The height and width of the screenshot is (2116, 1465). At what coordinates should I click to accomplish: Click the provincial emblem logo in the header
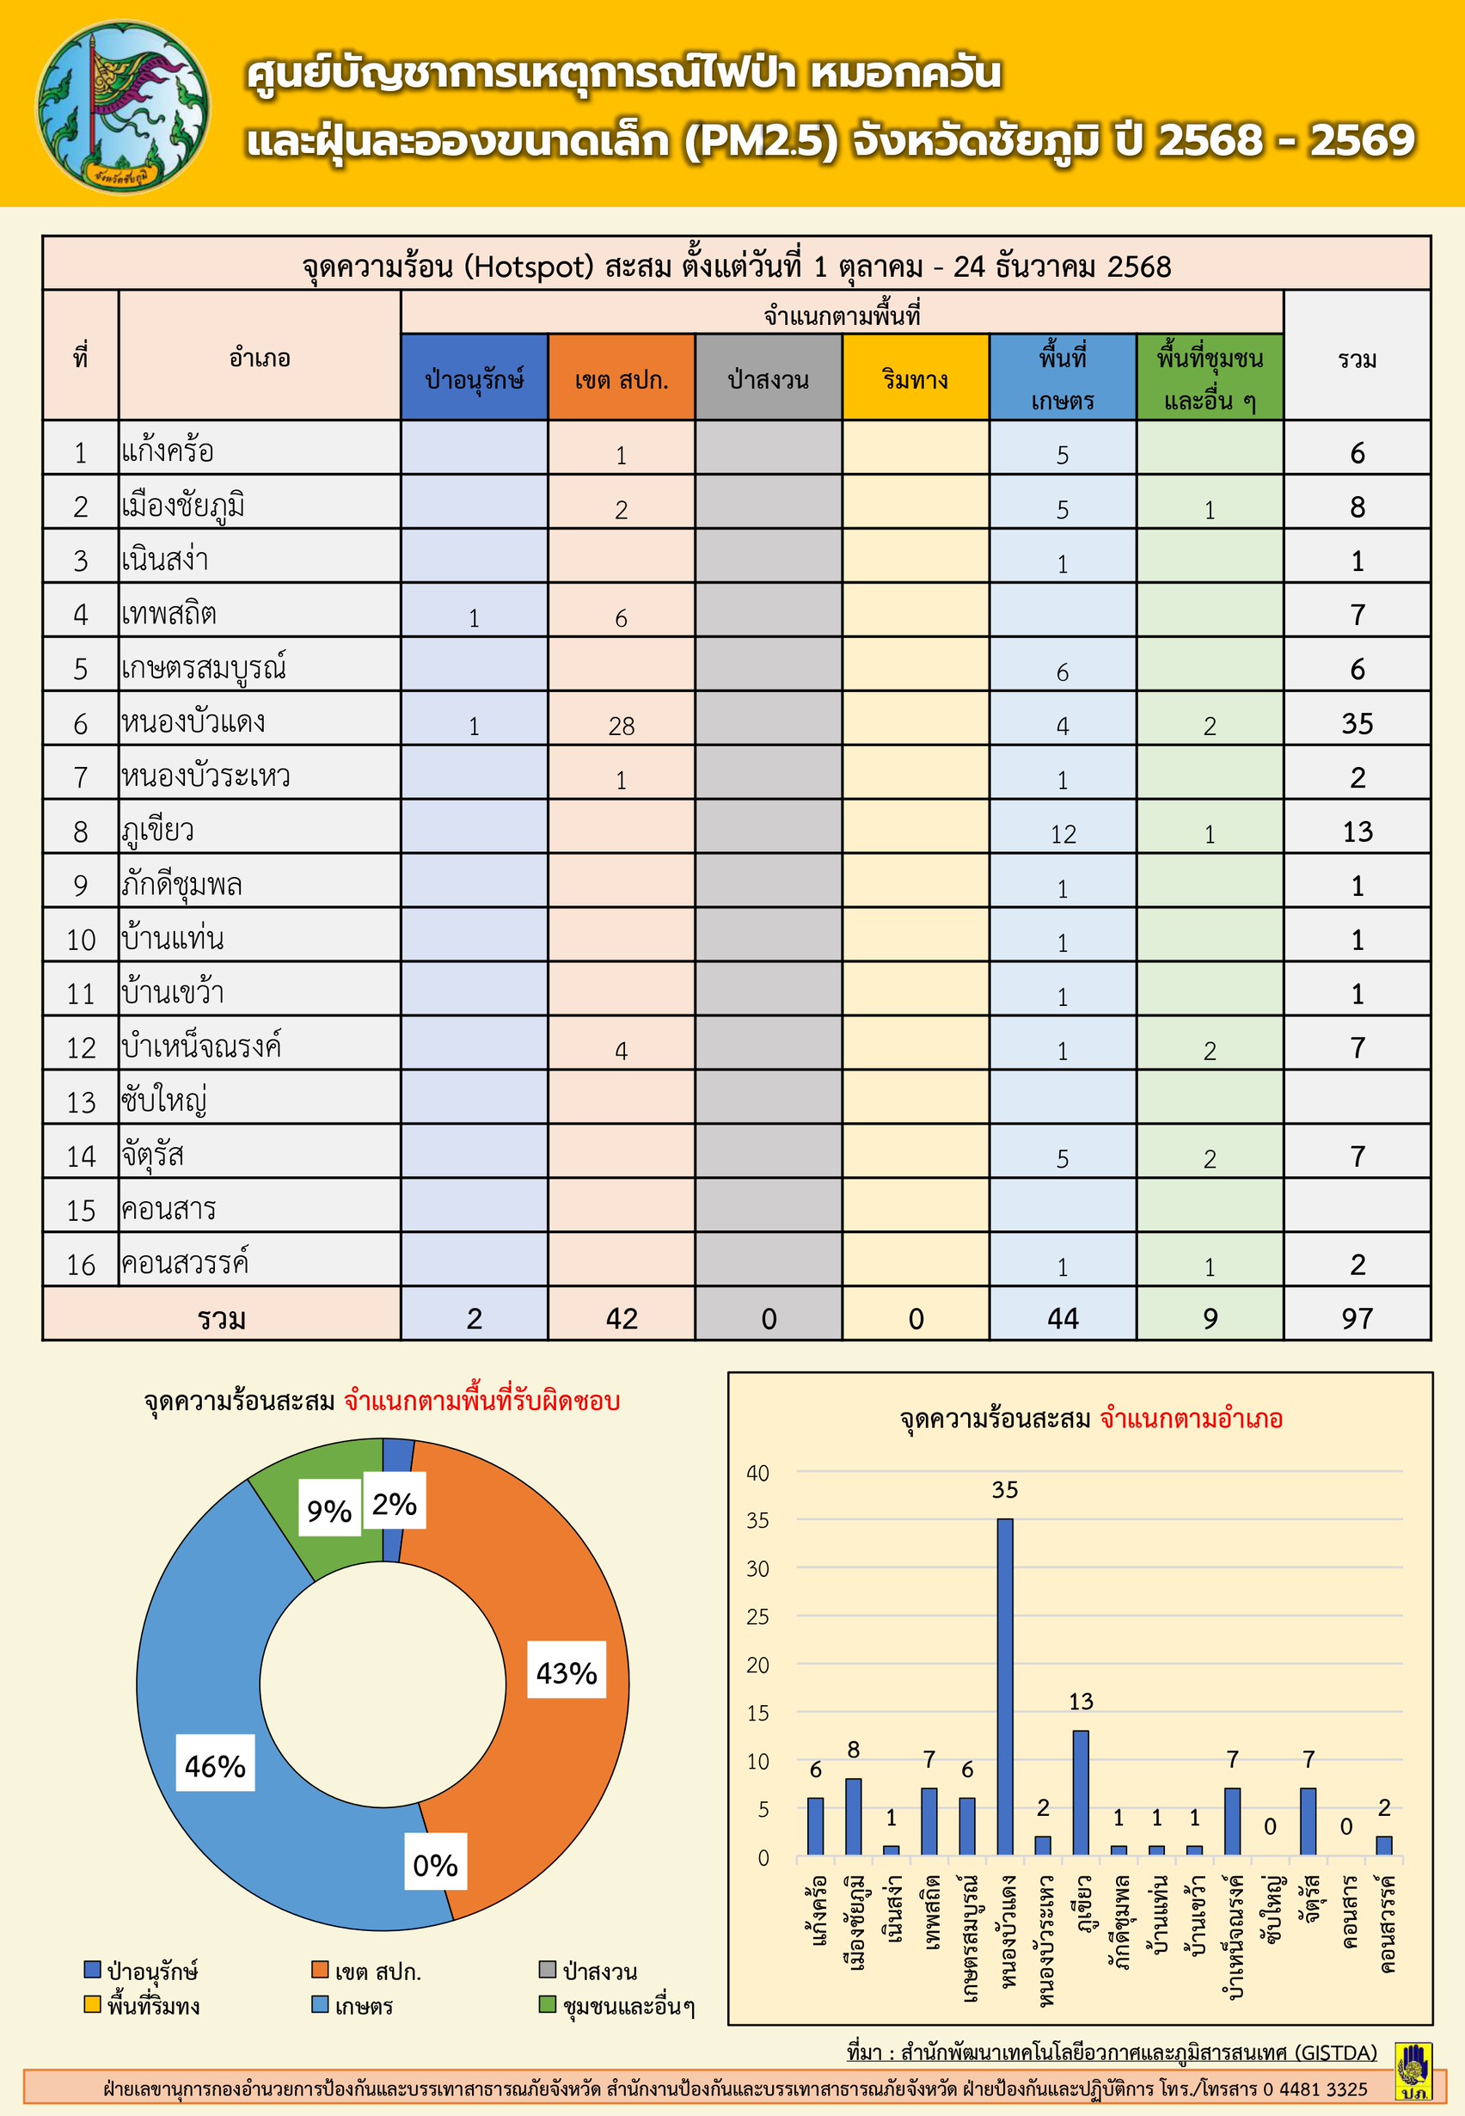(x=122, y=107)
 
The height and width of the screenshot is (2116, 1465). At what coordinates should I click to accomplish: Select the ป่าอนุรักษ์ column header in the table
(x=474, y=377)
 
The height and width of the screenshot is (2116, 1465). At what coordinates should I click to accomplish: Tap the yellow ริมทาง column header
(x=915, y=377)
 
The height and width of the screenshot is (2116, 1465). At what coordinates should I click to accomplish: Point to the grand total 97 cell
(x=1357, y=1318)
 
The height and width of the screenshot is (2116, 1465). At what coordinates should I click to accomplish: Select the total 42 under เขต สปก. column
(x=622, y=1318)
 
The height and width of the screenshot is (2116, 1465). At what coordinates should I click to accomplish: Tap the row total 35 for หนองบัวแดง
(x=1357, y=723)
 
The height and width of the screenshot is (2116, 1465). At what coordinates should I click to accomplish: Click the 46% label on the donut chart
(x=216, y=1765)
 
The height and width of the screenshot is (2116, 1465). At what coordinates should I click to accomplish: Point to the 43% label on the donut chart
(x=567, y=1672)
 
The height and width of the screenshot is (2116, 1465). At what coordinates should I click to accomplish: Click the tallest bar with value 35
(x=1005, y=1690)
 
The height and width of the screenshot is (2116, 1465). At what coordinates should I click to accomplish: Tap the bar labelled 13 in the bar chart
(x=1081, y=1792)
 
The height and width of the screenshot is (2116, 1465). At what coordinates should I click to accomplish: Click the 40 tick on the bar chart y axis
(x=757, y=1474)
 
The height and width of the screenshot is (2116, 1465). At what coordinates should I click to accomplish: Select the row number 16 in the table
(x=81, y=1265)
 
